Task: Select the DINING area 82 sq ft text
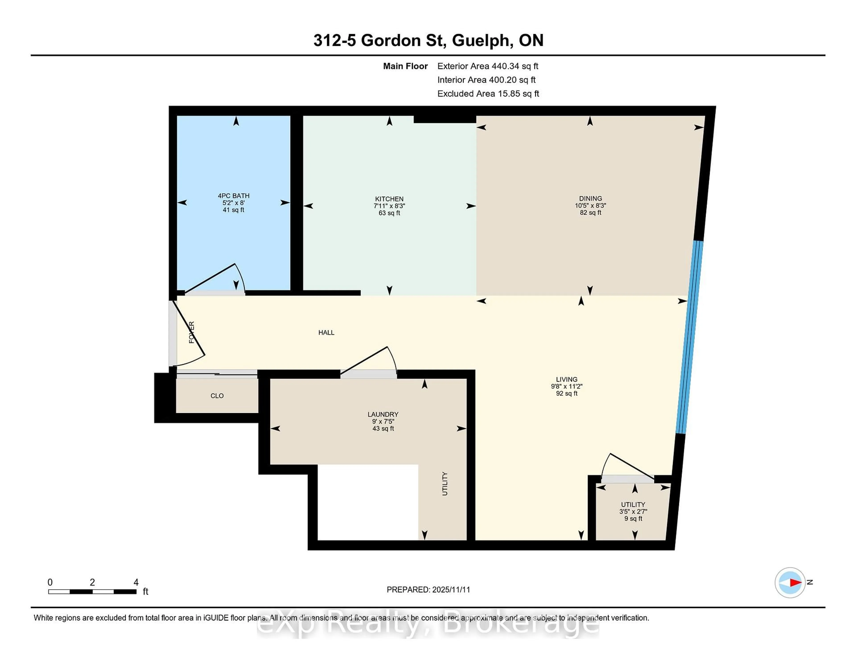coord(590,213)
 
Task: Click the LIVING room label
coord(566,379)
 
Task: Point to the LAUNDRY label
coord(383,414)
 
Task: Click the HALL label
coord(326,333)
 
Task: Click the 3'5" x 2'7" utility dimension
coord(633,511)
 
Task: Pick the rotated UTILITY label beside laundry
coord(444,484)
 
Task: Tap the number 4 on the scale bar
coord(136,582)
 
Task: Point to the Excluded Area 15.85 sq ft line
coord(488,94)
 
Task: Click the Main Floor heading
coord(405,66)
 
